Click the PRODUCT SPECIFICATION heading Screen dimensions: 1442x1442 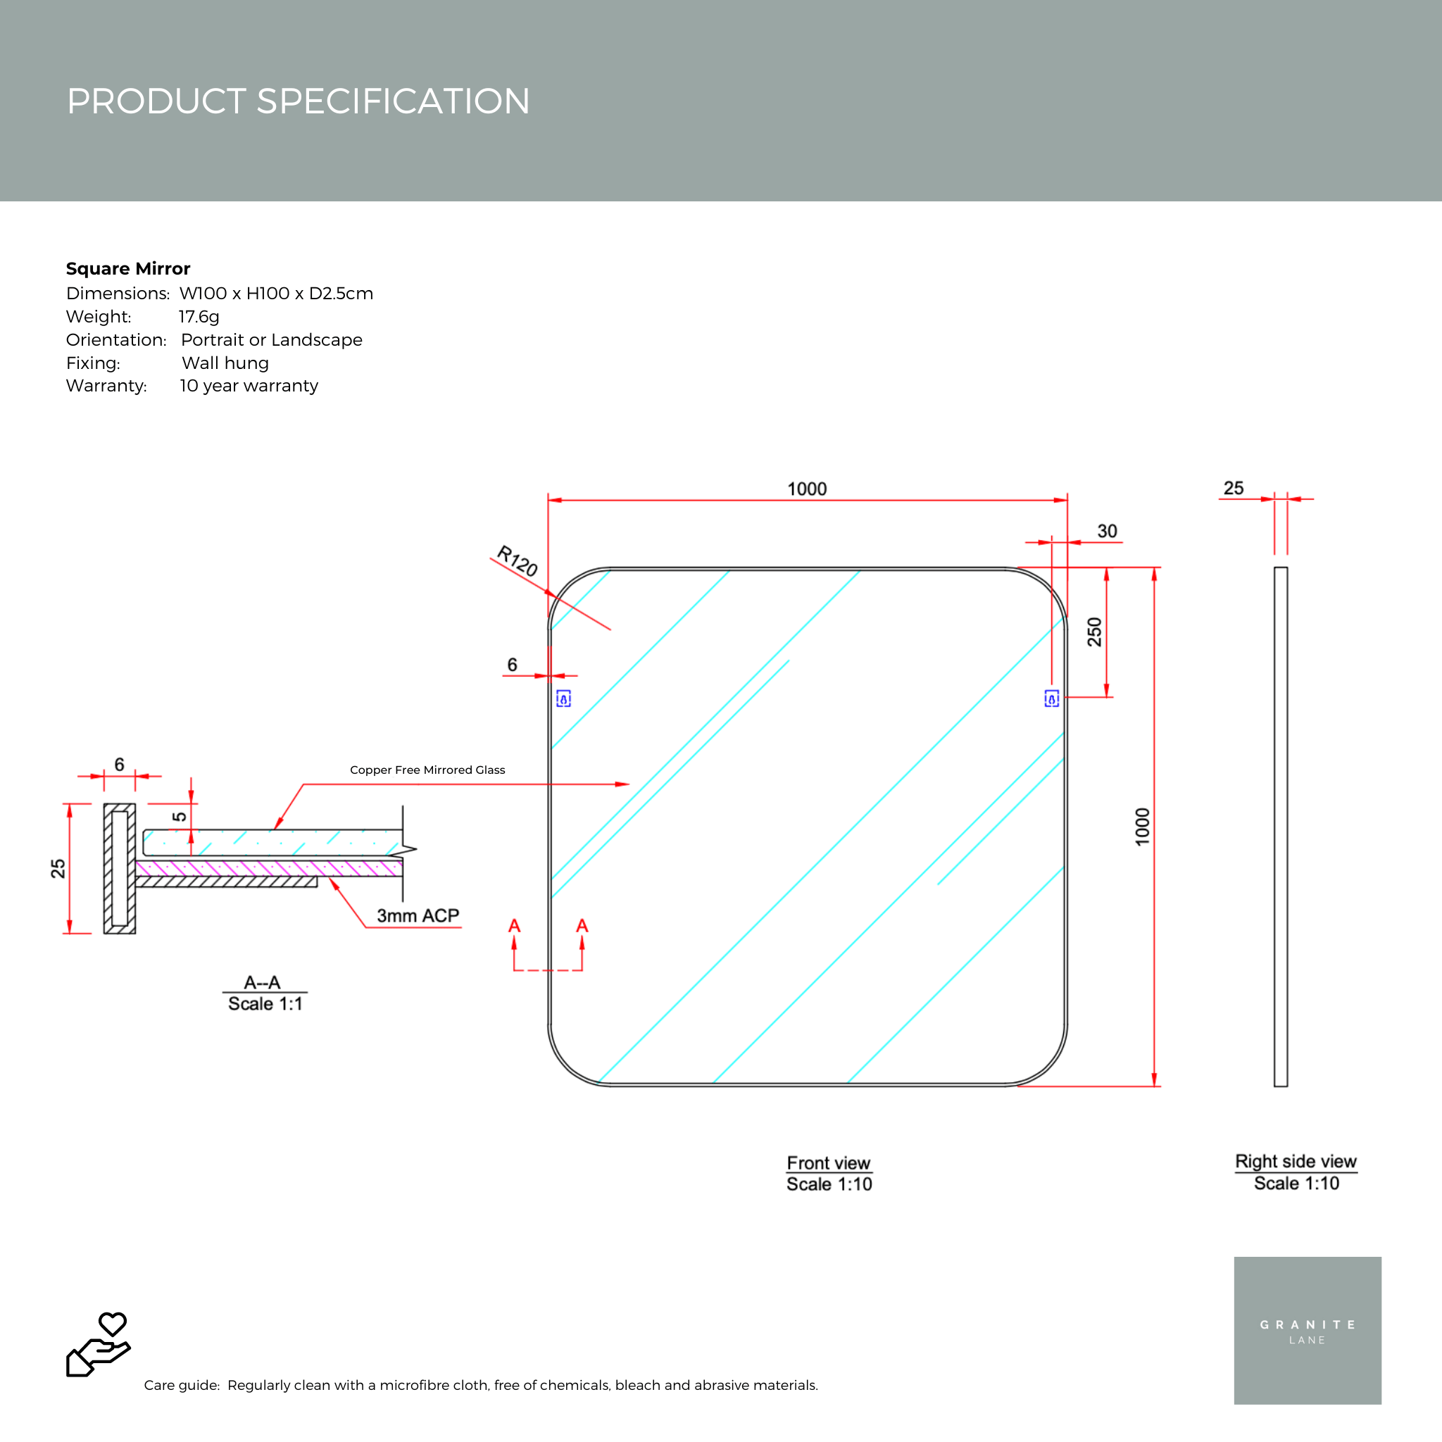298,101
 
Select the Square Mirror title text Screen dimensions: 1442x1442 127,269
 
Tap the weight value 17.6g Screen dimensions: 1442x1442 199,316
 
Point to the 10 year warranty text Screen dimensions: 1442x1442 249,386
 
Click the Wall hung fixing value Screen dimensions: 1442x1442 225,363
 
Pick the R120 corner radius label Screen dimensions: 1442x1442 518,560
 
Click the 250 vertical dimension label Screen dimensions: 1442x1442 1094,632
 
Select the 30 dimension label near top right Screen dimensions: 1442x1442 1107,531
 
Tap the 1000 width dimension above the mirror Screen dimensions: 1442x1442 807,489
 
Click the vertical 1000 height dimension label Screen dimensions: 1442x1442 1142,827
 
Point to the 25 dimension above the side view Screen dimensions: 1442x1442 1233,488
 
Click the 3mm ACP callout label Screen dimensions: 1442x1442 418,916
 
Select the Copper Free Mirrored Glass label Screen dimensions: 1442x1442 427,770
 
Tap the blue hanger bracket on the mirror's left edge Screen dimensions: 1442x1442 563,698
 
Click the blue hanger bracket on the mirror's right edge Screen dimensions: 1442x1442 1051,698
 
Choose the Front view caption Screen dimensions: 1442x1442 829,1163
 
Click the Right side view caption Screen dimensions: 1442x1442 1296,1161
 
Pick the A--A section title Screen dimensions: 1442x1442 262,982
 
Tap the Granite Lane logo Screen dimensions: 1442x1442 1307,1331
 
